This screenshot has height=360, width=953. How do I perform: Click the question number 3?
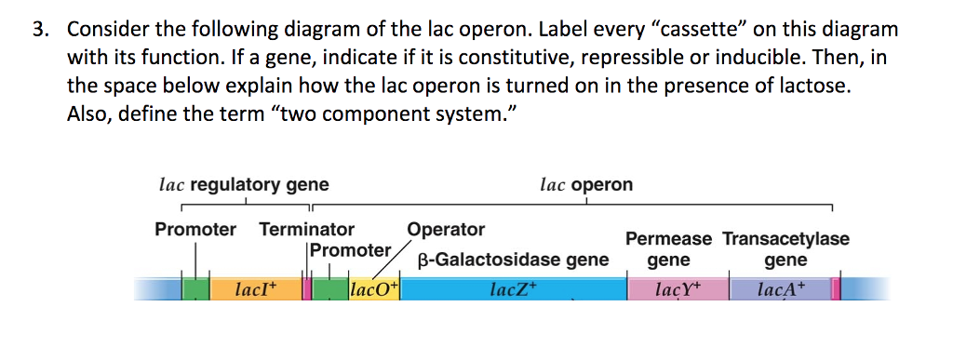(39, 30)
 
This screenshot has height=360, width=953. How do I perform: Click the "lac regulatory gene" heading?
(244, 184)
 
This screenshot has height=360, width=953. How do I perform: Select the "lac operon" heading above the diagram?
(585, 184)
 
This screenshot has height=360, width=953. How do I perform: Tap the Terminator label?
(306, 229)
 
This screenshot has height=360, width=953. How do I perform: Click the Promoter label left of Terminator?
(195, 229)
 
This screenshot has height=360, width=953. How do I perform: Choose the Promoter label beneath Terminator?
(350, 250)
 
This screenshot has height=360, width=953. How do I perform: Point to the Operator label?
(446, 229)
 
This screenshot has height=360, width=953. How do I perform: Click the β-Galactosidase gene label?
(513, 260)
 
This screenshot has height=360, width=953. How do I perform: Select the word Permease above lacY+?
(668, 239)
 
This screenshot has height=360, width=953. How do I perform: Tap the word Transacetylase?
(785, 239)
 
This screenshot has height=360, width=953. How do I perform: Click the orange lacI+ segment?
(256, 289)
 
